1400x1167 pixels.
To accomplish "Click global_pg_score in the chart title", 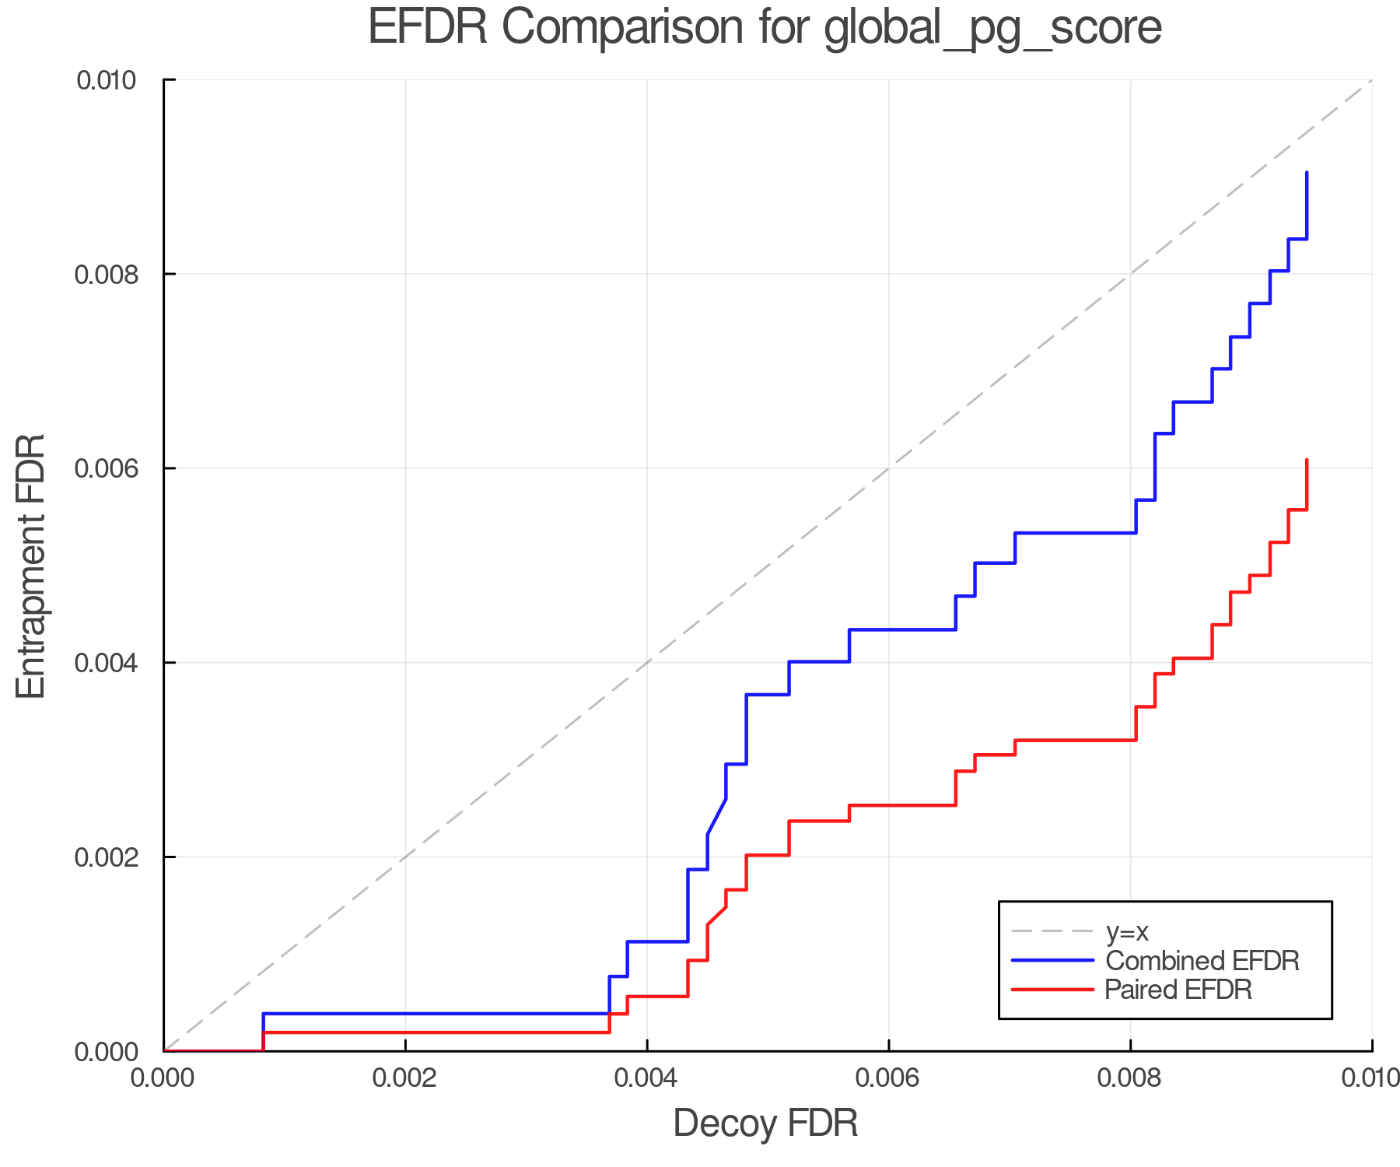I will pyautogui.click(x=992, y=29).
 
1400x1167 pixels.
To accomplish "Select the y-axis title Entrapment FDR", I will pyautogui.click(x=31, y=566).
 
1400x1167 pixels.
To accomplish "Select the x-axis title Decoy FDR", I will pyautogui.click(x=765, y=1123).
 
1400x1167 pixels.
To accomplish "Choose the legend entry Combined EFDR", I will pyautogui.click(x=1202, y=961).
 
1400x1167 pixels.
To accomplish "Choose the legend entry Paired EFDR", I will pyautogui.click(x=1178, y=990).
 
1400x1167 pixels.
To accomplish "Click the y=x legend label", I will pyautogui.click(x=1127, y=931).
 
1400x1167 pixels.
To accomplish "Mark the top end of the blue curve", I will pyautogui.click(x=1307, y=173).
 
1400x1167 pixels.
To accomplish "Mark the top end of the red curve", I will pyautogui.click(x=1307, y=461).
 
